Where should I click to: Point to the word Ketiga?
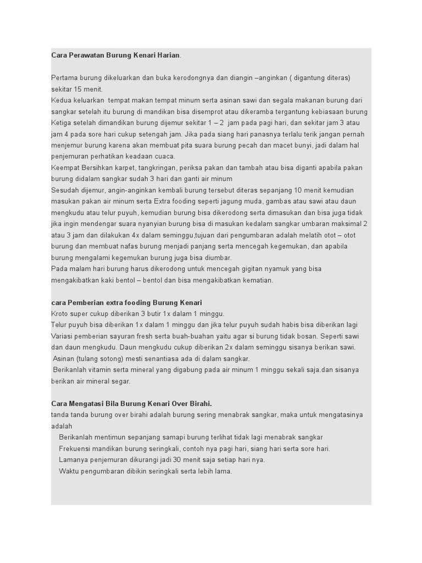click(62, 123)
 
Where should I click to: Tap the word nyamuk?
click(275, 269)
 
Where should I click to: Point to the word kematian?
click(256, 280)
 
